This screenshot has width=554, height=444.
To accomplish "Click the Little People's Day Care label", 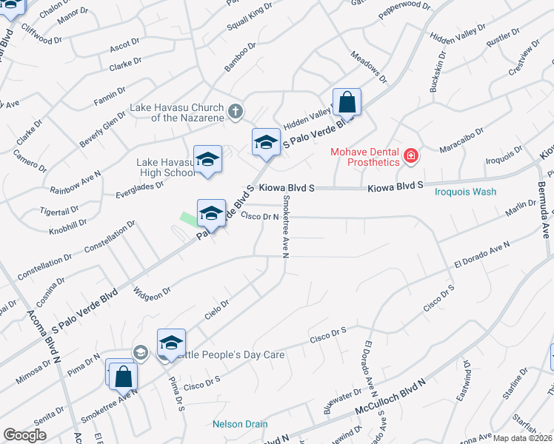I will point(230,355).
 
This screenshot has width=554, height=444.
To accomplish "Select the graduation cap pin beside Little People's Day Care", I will point(171,343).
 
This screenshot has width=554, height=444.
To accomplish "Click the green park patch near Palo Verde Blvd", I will point(189,219).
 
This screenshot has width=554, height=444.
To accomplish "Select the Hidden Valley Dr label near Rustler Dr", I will point(458,38).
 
